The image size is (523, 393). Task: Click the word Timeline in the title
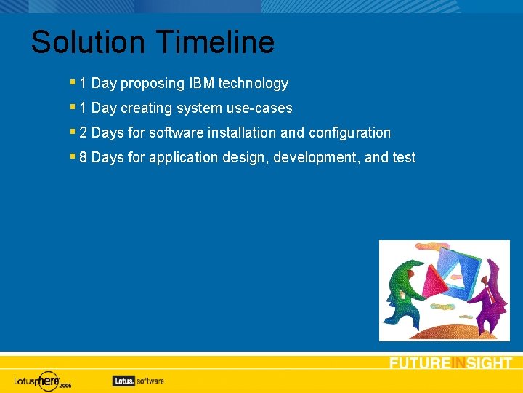(215, 42)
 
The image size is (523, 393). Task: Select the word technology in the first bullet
(254, 84)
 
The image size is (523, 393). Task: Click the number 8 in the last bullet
(84, 158)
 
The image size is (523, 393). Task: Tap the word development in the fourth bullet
(317, 158)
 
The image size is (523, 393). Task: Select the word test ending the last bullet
(403, 158)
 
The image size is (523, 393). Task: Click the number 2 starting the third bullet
(84, 133)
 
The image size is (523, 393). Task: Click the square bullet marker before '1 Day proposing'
(73, 83)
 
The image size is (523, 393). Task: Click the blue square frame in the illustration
(457, 269)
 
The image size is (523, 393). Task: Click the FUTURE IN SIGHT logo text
(450, 363)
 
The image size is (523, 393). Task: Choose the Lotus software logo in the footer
(138, 381)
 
